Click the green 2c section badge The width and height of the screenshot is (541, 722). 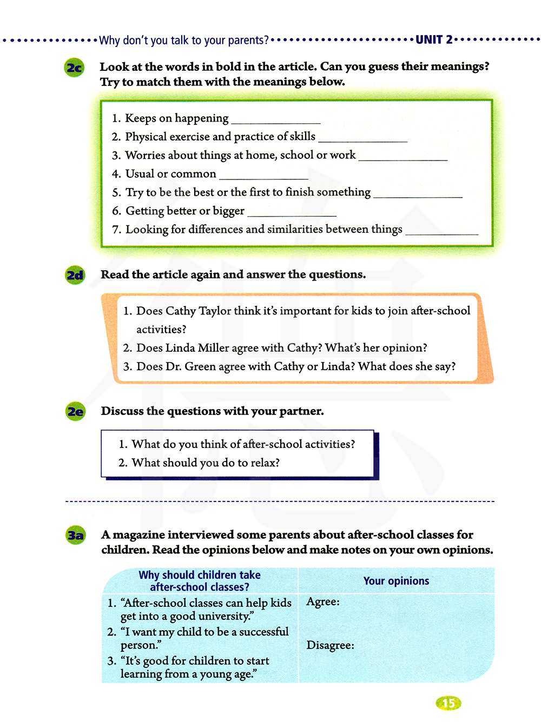[x=75, y=68]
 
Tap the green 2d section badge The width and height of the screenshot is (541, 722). [x=75, y=276]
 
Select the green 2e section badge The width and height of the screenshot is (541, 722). [x=76, y=412]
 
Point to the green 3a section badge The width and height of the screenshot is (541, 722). [x=76, y=536]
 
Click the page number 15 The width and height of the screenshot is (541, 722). [x=448, y=703]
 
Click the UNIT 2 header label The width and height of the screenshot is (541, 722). [x=434, y=39]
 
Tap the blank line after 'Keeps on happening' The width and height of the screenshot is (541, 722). [x=276, y=120]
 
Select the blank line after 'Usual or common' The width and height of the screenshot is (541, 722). [x=263, y=176]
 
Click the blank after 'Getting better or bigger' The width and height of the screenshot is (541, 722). [x=292, y=213]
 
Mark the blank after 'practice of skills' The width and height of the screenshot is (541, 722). [x=363, y=139]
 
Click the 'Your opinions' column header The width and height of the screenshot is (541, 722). [x=396, y=581]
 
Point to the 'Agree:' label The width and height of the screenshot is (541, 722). [x=323, y=602]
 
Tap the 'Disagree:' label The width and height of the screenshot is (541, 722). [x=330, y=645]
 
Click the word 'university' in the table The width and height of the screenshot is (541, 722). [x=224, y=617]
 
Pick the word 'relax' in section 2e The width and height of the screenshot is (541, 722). [x=262, y=463]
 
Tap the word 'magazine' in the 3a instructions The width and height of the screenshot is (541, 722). [x=138, y=535]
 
